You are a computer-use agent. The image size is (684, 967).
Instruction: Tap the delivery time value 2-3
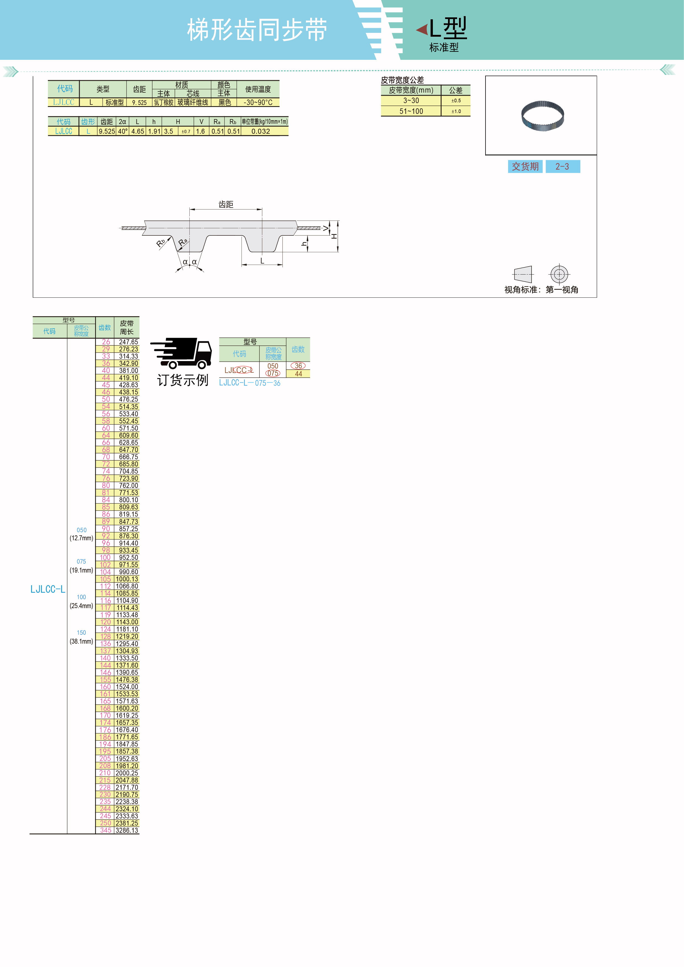click(562, 166)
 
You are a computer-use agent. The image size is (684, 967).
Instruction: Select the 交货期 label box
click(525, 166)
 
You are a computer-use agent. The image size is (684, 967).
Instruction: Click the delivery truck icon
click(181, 353)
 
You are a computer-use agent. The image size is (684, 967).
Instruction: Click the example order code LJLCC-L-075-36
click(249, 383)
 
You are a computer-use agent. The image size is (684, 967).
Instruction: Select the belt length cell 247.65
click(128, 342)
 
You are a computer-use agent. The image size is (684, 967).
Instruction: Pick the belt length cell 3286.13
click(127, 830)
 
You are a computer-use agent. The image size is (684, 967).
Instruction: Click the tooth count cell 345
click(106, 830)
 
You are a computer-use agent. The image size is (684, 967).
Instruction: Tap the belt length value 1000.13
click(127, 579)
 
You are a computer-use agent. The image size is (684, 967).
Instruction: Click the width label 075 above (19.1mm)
click(81, 562)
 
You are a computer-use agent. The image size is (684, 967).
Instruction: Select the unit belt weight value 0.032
click(261, 131)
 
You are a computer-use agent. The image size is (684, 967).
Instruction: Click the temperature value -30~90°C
click(258, 102)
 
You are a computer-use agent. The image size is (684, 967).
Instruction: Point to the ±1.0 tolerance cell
click(456, 111)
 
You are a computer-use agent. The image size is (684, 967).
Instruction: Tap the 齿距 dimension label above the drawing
click(226, 204)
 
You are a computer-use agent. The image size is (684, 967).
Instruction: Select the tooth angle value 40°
click(123, 131)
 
